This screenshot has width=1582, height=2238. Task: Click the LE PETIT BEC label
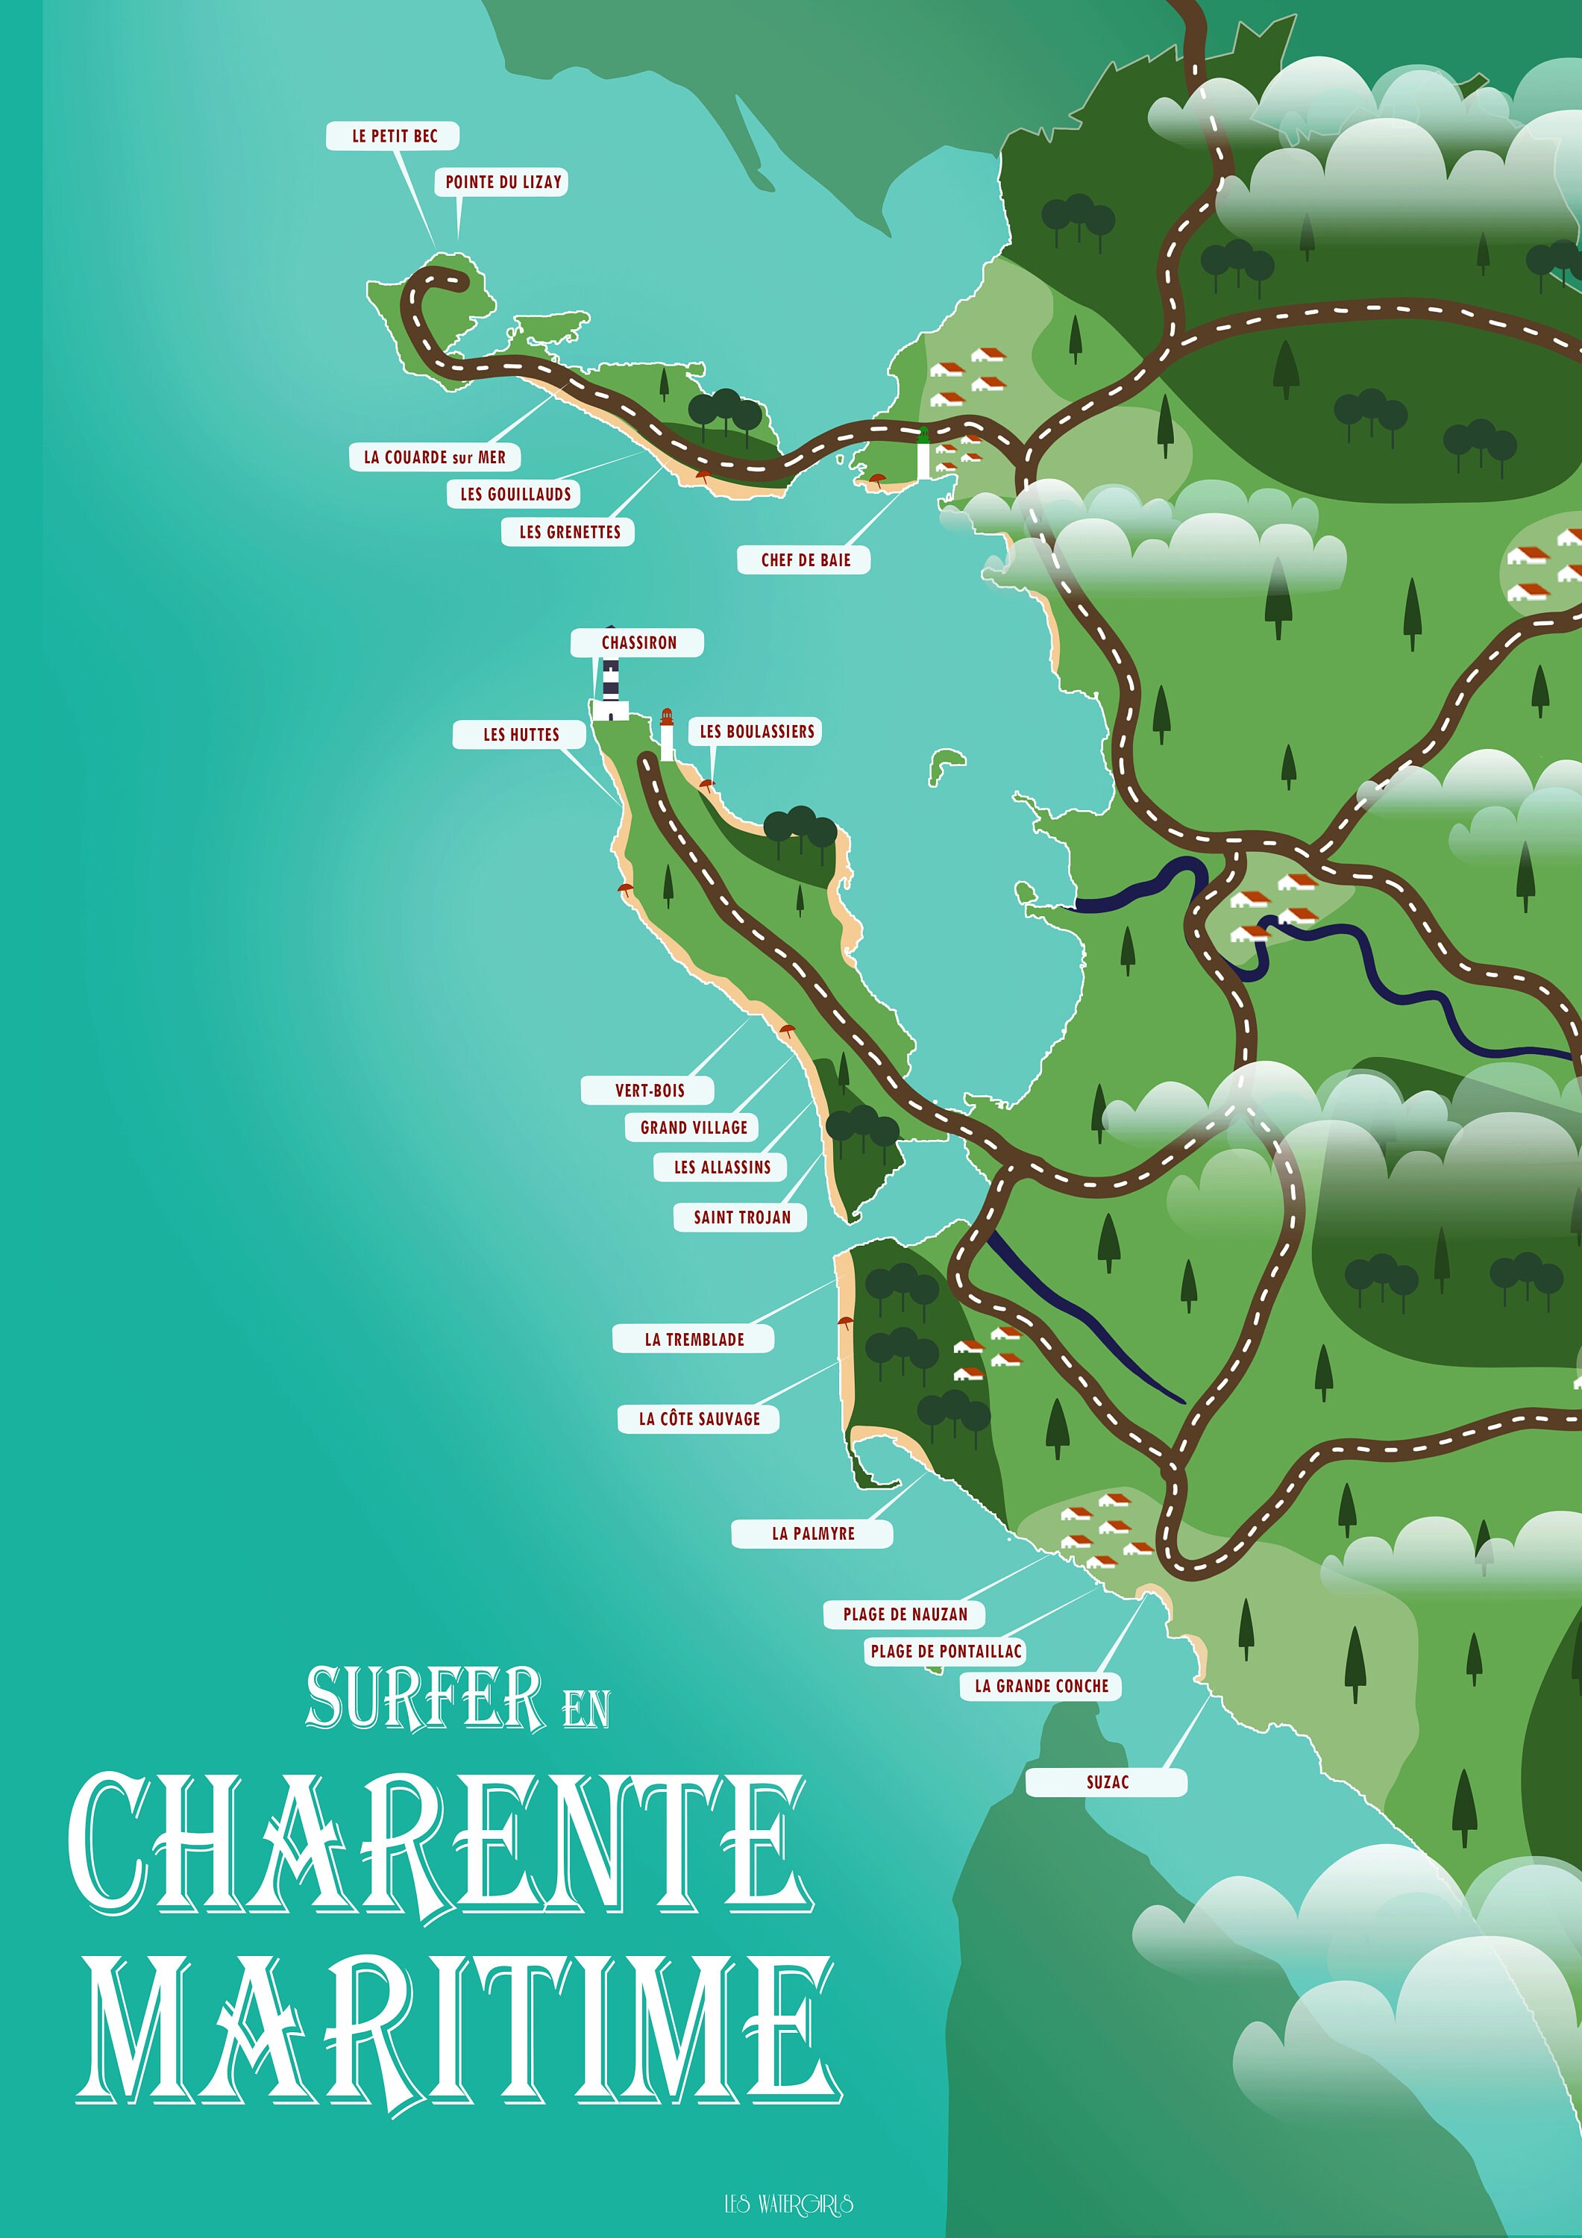[x=394, y=137]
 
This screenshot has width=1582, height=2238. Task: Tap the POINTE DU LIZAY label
[x=503, y=182]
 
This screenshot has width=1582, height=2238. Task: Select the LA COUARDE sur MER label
[x=435, y=457]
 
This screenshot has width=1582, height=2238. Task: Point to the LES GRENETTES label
[x=569, y=532]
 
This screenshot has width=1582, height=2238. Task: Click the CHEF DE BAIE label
[x=805, y=560]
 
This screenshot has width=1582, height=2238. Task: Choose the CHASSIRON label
[x=638, y=643]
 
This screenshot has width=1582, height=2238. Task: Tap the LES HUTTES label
[x=521, y=735]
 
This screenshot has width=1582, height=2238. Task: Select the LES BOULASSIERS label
[x=756, y=732]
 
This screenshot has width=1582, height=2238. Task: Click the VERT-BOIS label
[x=649, y=1091]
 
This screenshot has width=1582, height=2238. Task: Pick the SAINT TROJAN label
[x=742, y=1217]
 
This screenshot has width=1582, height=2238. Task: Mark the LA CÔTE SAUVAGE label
[x=699, y=1419]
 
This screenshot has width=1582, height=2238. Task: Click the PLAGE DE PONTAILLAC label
[x=946, y=1651]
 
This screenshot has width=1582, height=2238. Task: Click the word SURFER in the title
[x=425, y=1699]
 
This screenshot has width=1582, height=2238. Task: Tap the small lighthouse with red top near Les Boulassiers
[x=668, y=735]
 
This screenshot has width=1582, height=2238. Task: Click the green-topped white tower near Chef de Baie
[x=923, y=454]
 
